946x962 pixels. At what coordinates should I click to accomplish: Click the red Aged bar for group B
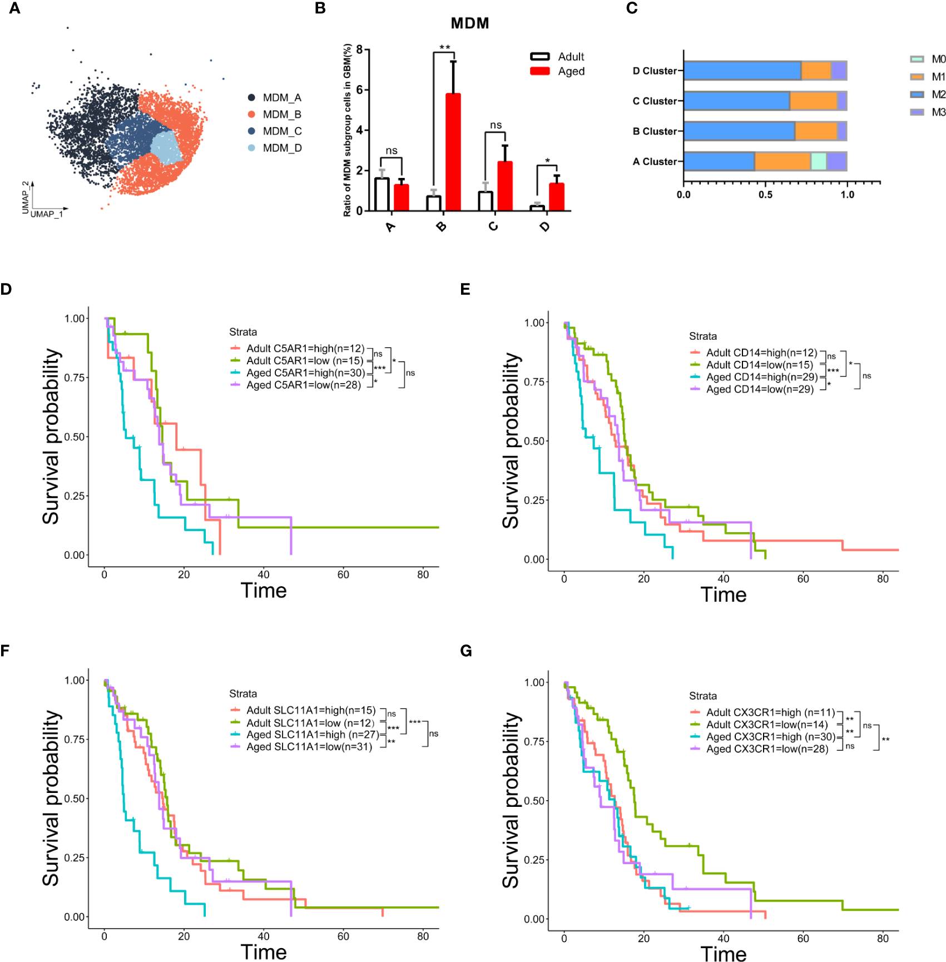[453, 152]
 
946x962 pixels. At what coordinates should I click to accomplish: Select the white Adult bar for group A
[382, 194]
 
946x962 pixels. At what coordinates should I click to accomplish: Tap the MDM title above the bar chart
[470, 23]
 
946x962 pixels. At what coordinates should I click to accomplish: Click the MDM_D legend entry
[282, 148]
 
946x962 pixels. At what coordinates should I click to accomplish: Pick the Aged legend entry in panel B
[571, 71]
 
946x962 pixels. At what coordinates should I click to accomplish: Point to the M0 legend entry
[938, 59]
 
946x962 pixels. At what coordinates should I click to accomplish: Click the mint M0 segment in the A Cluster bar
[819, 161]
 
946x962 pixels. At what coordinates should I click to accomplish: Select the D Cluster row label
[655, 71]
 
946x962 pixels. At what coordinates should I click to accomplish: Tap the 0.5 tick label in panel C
[765, 195]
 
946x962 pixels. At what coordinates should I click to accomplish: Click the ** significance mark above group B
[444, 48]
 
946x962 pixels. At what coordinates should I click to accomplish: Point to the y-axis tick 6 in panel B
[359, 90]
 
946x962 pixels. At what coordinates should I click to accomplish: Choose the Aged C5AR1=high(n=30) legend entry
[305, 373]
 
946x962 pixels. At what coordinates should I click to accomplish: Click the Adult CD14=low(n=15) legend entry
[759, 365]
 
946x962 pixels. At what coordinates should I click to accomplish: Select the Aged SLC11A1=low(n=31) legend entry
[309, 747]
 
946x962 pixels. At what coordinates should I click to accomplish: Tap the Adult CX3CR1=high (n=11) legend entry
[770, 712]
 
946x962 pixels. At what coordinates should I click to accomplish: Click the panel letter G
[466, 651]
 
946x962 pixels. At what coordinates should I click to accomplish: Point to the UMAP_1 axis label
[47, 214]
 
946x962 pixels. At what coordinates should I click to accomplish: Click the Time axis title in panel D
[264, 591]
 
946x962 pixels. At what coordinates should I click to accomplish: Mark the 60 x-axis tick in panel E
[803, 579]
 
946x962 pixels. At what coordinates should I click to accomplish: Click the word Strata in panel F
[243, 693]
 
